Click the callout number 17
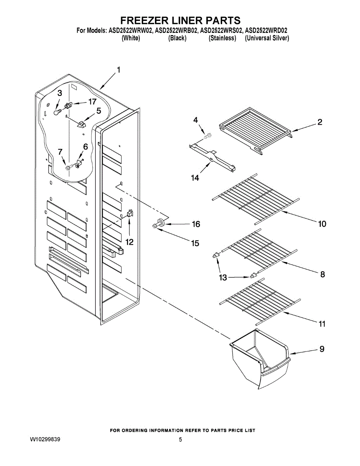pos(92,102)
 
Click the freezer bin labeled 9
pos(260,356)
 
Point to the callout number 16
pos(195,224)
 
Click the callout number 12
pos(129,242)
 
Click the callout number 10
pos(322,224)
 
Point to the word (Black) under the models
pos(177,38)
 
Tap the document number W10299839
pos(45,440)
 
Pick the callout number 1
pos(118,70)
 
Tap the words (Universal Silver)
pos(267,38)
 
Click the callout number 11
pos(322,323)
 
